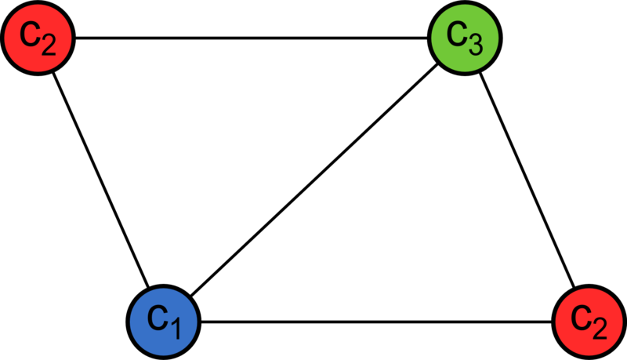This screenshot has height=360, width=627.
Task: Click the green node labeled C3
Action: (x=465, y=38)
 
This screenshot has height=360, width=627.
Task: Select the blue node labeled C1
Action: (x=164, y=322)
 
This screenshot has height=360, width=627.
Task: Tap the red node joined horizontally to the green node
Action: (x=38, y=38)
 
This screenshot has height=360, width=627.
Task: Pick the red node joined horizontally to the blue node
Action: (x=589, y=322)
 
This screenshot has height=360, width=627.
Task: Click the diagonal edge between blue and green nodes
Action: (x=314, y=180)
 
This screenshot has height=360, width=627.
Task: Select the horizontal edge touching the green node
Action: (x=252, y=38)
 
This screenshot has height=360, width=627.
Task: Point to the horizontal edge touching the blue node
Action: (x=376, y=322)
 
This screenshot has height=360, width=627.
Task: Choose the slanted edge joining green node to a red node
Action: (x=527, y=180)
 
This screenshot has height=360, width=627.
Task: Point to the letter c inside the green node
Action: (x=456, y=34)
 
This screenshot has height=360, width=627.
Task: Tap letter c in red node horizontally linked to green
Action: (x=29, y=34)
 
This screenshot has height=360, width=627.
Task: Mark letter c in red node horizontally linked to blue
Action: (x=580, y=317)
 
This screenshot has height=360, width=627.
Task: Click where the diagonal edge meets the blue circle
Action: (x=190, y=296)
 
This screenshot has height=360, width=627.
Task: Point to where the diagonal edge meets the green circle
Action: (x=437, y=64)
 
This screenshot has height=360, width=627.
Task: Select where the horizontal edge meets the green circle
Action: (x=427, y=38)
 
